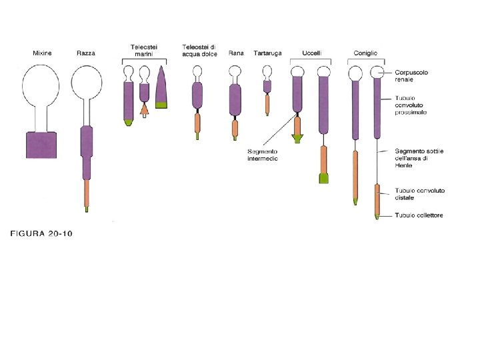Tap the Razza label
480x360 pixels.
coord(85,53)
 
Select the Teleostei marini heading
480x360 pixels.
coord(144,50)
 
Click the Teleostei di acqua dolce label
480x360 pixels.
coord(199,50)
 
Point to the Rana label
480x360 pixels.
coord(235,53)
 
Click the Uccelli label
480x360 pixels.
coord(311,53)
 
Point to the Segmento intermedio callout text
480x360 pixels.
coord(263,155)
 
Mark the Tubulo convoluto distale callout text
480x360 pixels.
coord(419,194)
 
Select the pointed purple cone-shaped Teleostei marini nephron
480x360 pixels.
coord(161,88)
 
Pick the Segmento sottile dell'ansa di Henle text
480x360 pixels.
coord(419,159)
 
